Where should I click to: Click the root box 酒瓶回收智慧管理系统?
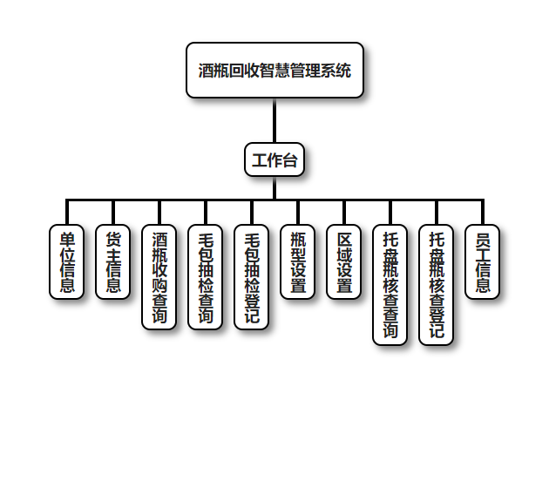(x=274, y=70)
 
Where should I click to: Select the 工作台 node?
(x=274, y=159)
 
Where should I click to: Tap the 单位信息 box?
(x=67, y=261)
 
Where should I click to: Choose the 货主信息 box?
(x=113, y=261)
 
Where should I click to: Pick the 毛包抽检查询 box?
(x=206, y=277)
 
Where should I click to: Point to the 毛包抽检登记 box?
(x=252, y=277)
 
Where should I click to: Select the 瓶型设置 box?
(x=298, y=261)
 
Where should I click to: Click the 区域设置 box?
(x=344, y=261)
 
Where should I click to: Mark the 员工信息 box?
(x=483, y=261)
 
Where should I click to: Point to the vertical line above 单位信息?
(x=67, y=212)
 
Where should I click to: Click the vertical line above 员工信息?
(x=483, y=212)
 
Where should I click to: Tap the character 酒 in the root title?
(x=207, y=71)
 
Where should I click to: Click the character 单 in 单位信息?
(x=67, y=239)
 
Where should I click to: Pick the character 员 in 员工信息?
(x=483, y=239)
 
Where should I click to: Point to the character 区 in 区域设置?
(x=344, y=239)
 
